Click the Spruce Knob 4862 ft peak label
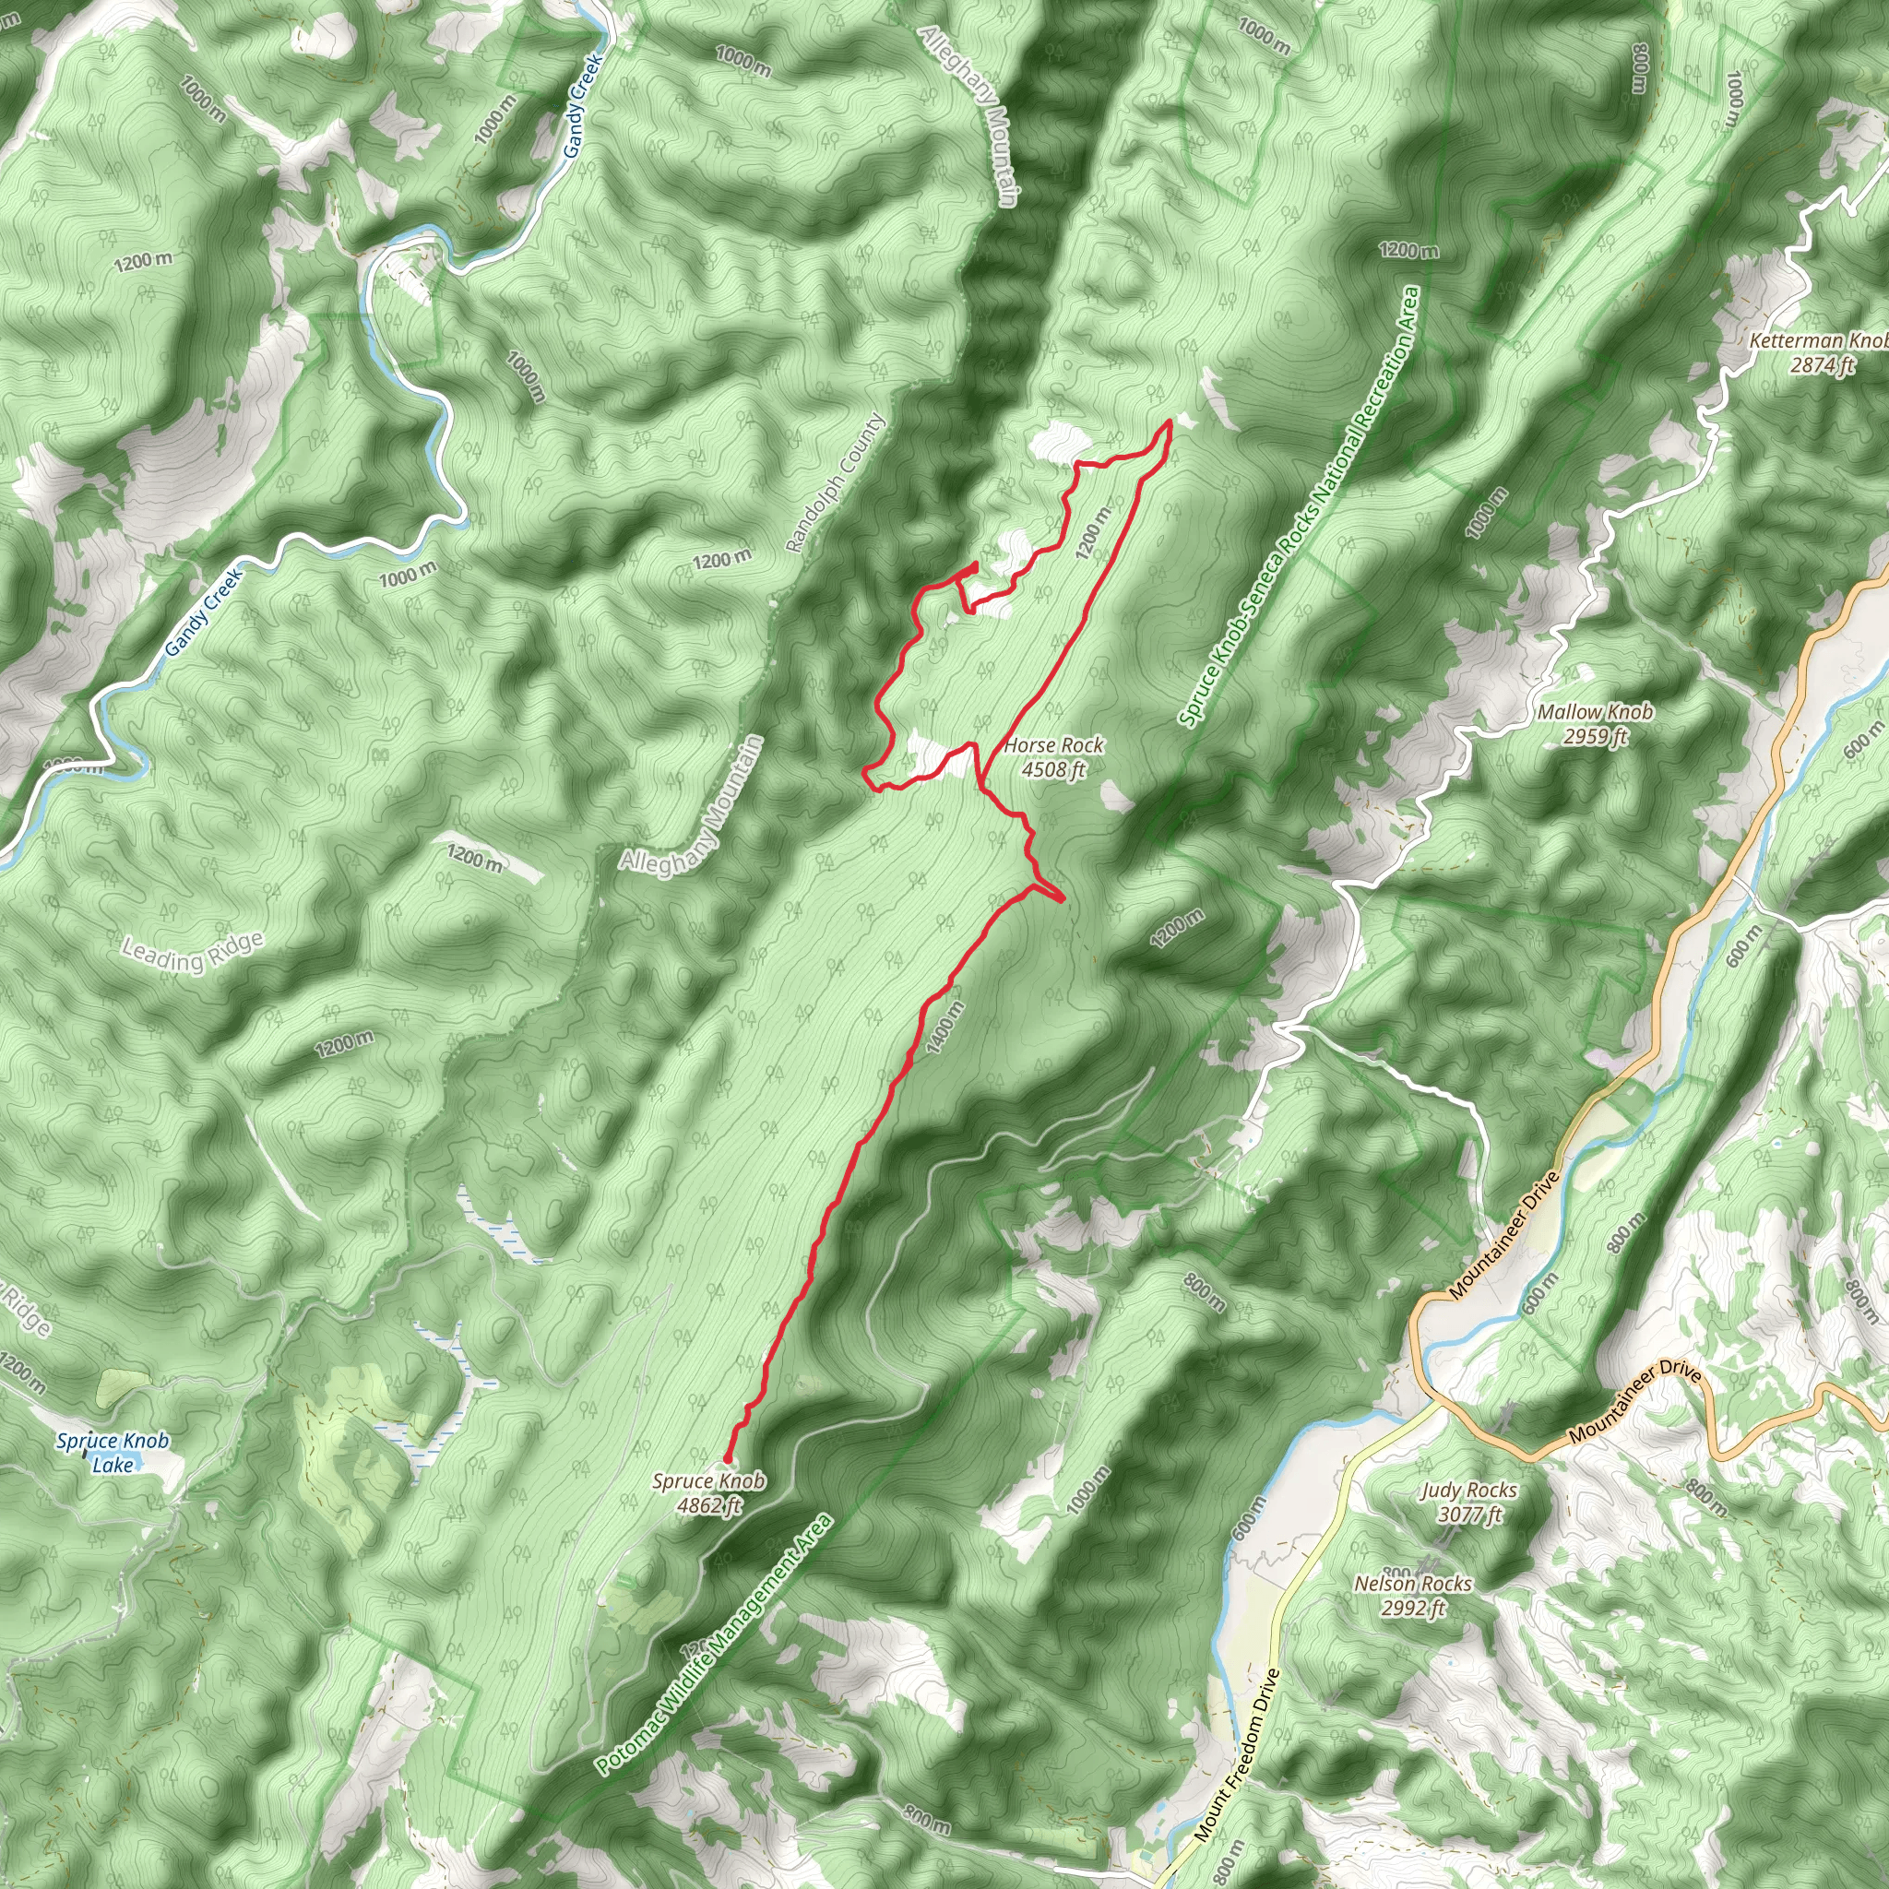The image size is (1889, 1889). click(709, 1493)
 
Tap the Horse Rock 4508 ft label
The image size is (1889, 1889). click(1053, 756)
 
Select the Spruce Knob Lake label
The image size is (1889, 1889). click(113, 1452)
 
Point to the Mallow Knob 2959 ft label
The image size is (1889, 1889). click(1595, 723)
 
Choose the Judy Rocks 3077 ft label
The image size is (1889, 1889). click(1468, 1502)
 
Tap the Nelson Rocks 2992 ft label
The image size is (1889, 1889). click(1413, 1595)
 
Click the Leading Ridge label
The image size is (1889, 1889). click(193, 954)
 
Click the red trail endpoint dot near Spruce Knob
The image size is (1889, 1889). click(727, 1459)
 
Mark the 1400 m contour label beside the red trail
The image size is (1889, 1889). click(944, 1028)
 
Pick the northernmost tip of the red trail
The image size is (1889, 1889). click(1170, 421)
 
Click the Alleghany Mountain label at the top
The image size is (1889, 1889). click(969, 115)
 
